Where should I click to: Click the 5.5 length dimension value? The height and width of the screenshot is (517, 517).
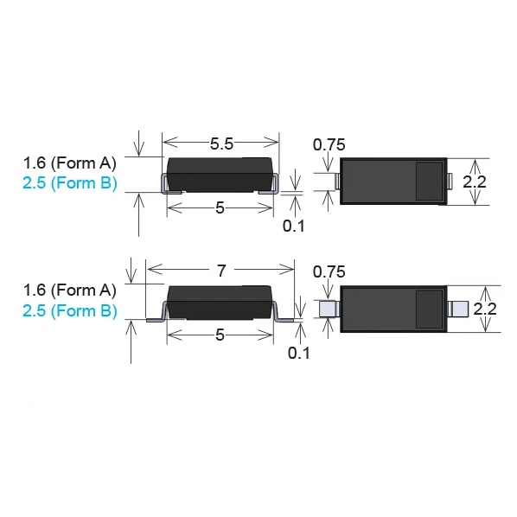pos(221,144)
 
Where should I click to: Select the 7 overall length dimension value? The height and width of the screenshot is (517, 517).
pos(221,271)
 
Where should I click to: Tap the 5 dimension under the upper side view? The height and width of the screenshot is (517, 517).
pos(220,208)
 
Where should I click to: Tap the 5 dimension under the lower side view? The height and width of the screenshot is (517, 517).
pos(220,335)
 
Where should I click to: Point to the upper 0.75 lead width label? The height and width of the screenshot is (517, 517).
pos(329,144)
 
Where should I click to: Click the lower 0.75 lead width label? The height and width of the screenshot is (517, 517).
pos(329,271)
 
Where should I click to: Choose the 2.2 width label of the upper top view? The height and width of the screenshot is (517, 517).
pos(475,182)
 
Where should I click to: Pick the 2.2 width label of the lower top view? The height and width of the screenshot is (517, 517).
pos(485,309)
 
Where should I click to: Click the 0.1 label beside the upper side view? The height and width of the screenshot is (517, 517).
pos(293,226)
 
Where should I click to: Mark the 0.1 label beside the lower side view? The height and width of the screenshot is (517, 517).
pos(299,353)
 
